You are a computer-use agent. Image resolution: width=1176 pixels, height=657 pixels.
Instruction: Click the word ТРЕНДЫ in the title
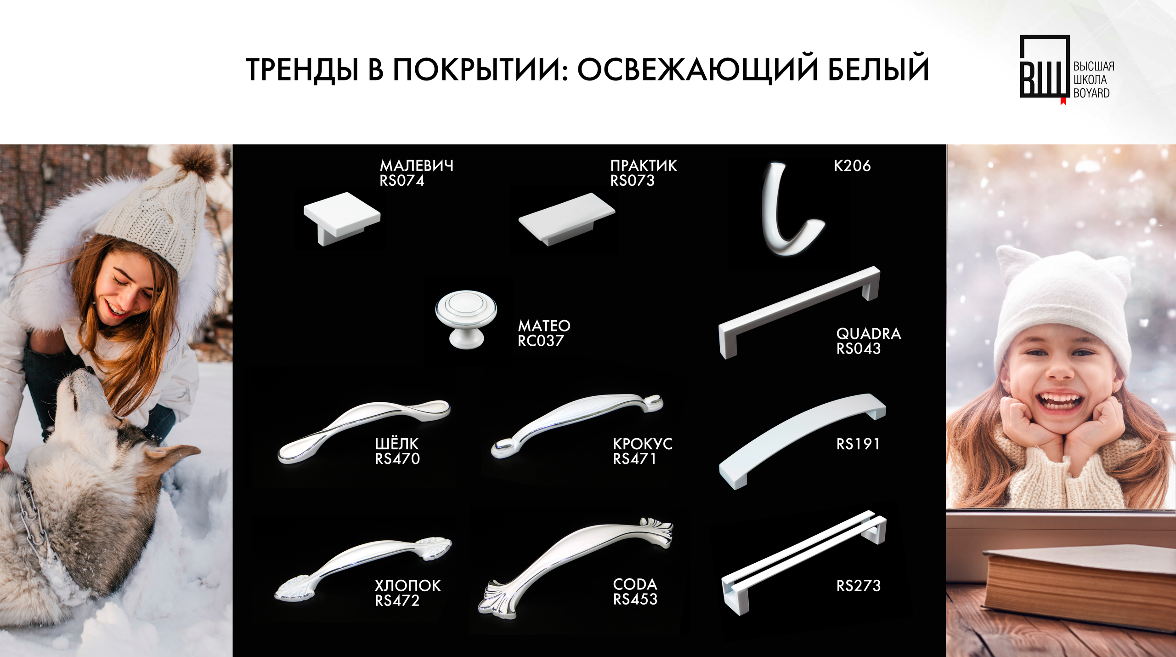[x=302, y=69]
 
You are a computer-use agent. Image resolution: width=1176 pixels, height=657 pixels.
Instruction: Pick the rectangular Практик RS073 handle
[x=566, y=219]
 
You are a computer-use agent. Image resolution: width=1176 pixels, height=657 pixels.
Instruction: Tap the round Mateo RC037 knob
[x=466, y=319]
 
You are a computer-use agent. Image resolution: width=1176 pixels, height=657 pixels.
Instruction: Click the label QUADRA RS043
[x=868, y=341]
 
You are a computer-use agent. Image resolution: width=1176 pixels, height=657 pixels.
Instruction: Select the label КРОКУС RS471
[x=642, y=451]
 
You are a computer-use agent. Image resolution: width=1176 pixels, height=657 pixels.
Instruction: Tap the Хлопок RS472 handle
[x=363, y=569]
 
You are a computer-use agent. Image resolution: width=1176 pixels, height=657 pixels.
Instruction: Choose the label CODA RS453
[x=635, y=592]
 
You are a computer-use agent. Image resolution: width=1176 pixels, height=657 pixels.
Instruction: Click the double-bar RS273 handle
[x=804, y=563]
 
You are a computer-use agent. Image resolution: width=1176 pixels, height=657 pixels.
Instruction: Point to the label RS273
[x=858, y=586]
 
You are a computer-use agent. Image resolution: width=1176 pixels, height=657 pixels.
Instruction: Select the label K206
[x=852, y=166]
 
